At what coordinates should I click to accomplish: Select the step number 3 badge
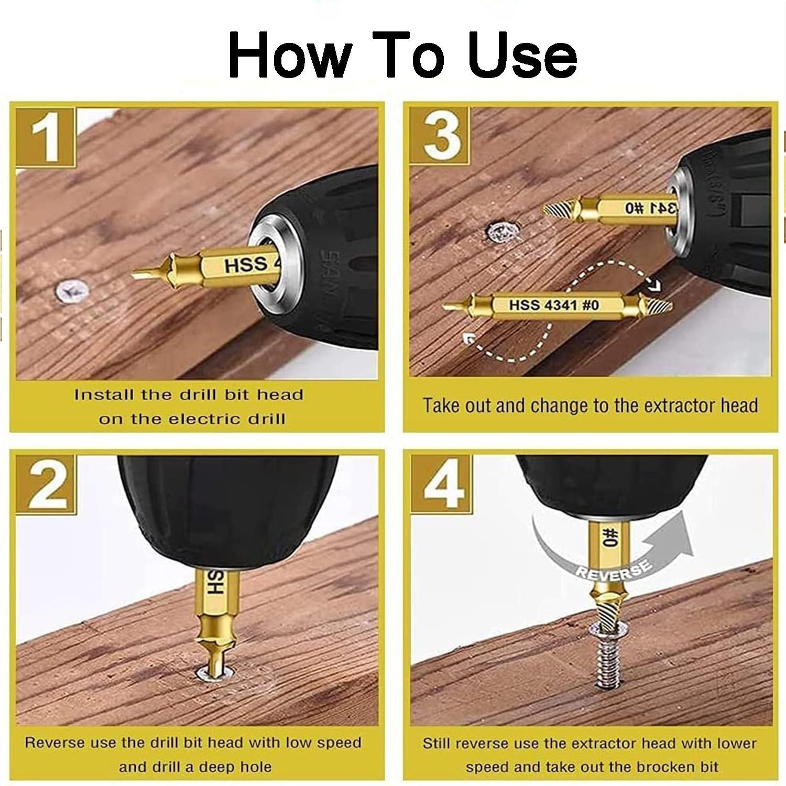440,137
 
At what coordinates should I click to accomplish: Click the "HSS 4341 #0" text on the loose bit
553,304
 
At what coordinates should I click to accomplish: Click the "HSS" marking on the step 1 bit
245,265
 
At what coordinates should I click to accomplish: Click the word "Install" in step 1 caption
104,395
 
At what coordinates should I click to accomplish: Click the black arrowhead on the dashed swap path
654,286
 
